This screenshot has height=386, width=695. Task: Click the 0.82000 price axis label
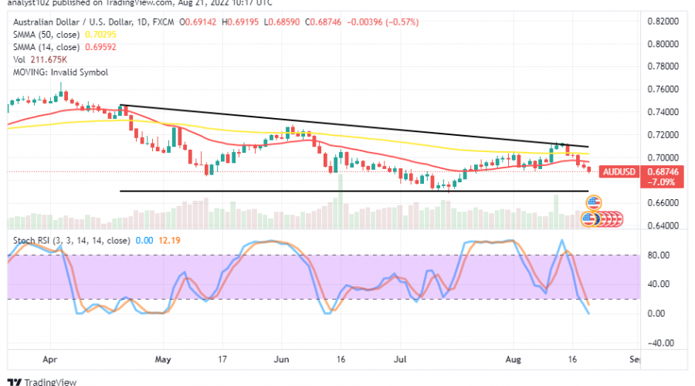(x=663, y=21)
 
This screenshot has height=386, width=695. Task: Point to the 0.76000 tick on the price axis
(x=663, y=89)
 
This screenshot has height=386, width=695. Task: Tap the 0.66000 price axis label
(x=663, y=203)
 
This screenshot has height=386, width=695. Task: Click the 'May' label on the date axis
(x=163, y=360)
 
